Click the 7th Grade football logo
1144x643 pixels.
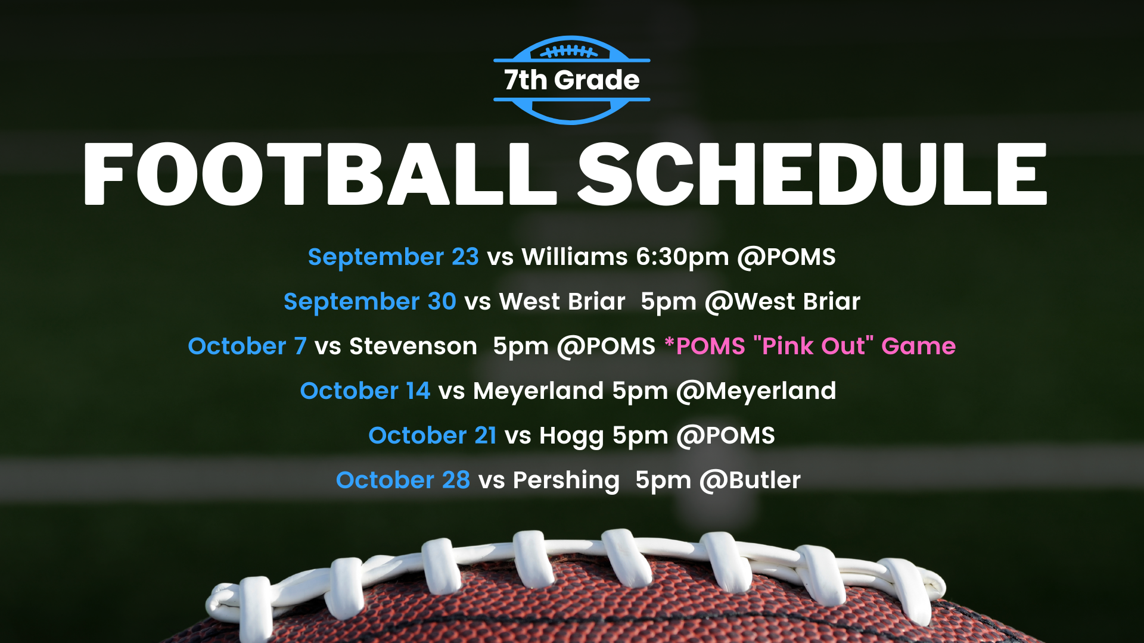tap(571, 80)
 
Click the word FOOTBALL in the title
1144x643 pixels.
tap(320, 174)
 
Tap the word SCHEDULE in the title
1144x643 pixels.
tap(813, 174)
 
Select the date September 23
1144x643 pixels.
tap(393, 257)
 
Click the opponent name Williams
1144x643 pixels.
tap(574, 257)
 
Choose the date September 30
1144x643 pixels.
tap(370, 302)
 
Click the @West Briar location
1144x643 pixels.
tap(782, 302)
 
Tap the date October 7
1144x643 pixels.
tap(247, 346)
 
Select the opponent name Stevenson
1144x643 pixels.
tap(413, 346)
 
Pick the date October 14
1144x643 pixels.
tap(365, 391)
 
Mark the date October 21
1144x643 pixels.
tap(433, 436)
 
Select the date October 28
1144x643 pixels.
tap(403, 480)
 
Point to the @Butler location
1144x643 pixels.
tap(750, 480)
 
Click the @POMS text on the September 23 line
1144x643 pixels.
tap(786, 257)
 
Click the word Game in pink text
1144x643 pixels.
tap(919, 346)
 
